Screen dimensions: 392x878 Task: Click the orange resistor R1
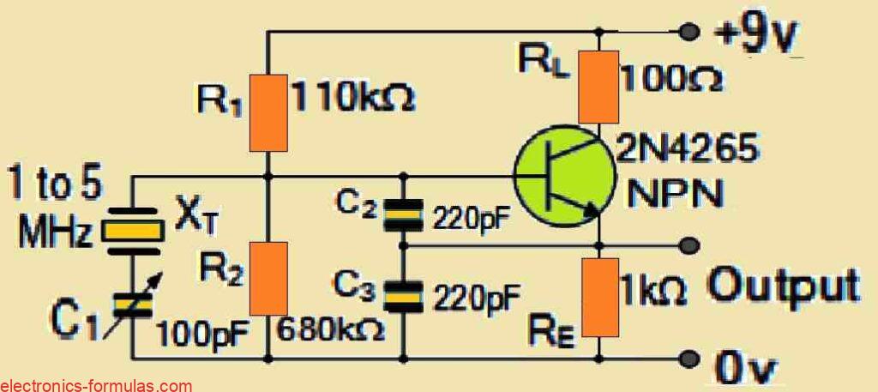(x=268, y=111)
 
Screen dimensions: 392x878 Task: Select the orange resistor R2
(x=268, y=278)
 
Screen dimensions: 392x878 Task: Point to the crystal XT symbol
(x=132, y=229)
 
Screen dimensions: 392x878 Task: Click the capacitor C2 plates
(x=403, y=215)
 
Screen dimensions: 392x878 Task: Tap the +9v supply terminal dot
(x=687, y=33)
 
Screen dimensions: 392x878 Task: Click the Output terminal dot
(x=687, y=244)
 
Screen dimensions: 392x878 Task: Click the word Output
(x=782, y=286)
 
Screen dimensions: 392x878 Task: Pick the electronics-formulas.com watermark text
(x=96, y=385)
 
